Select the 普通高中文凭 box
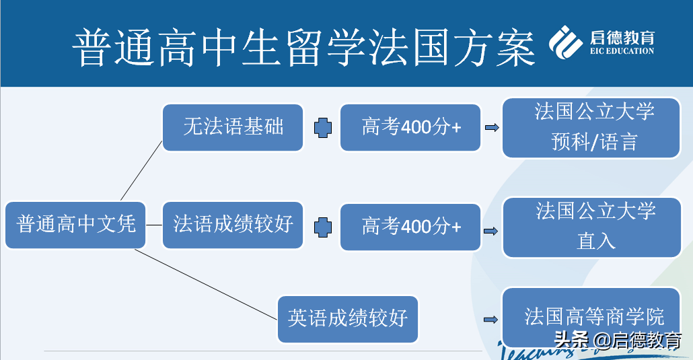[x=76, y=225]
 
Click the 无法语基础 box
[x=233, y=127]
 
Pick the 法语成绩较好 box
[x=233, y=224]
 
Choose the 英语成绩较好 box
[x=347, y=318]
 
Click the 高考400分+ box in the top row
[x=410, y=127]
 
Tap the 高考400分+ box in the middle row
[x=410, y=227]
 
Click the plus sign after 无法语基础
[x=323, y=127]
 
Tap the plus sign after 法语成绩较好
[x=323, y=226]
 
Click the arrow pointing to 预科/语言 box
[x=492, y=128]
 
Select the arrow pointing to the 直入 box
[x=492, y=231]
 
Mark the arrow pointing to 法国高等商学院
[x=492, y=320]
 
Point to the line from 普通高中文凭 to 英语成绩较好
[x=205, y=283]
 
